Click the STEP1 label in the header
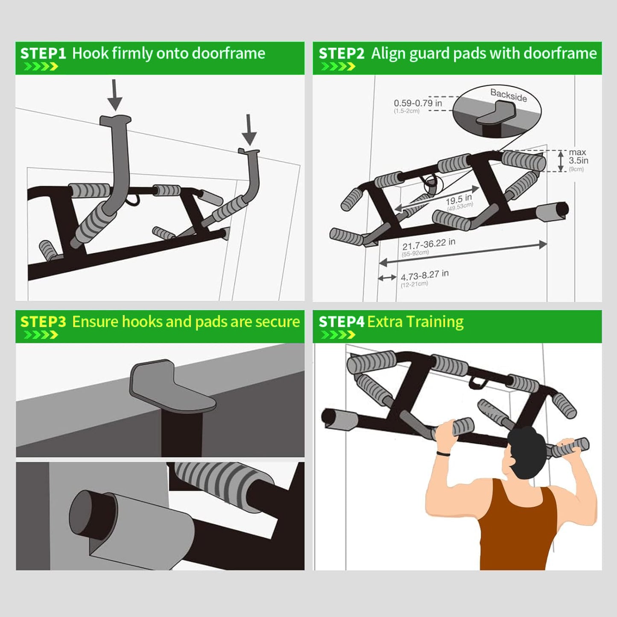[43, 53]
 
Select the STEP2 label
[341, 53]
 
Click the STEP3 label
[43, 322]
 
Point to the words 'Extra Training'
[415, 322]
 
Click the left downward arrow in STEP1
[114, 95]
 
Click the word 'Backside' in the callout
[508, 95]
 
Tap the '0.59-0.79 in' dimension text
[418, 103]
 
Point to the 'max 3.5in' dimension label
[578, 157]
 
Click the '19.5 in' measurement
[459, 200]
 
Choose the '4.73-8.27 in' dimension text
[424, 275]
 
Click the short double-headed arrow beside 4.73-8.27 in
[387, 278]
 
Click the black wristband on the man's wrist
[443, 453]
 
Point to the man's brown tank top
[517, 529]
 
